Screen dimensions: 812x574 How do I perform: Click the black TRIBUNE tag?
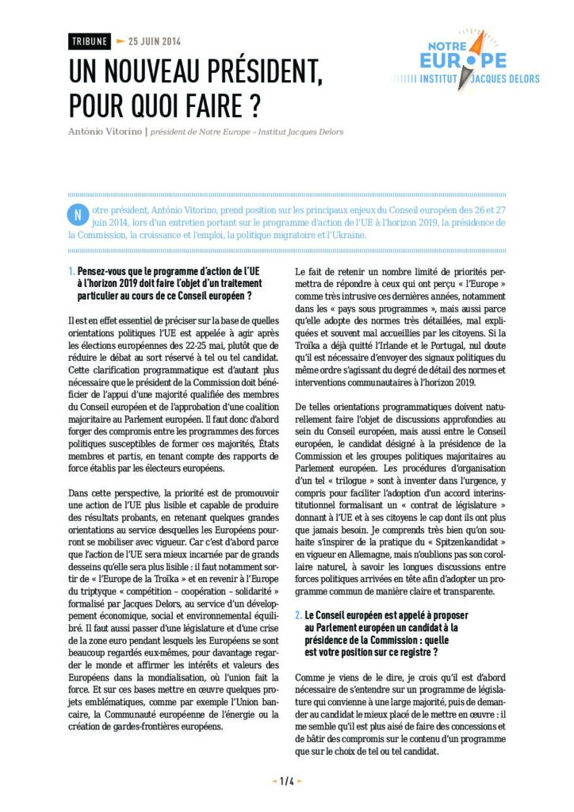click(89, 41)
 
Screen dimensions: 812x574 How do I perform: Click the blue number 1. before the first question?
click(71, 271)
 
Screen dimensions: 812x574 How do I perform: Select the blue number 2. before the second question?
click(298, 615)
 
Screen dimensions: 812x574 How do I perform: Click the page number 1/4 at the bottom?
click(287, 781)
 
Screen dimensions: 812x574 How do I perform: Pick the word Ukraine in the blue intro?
click(346, 235)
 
